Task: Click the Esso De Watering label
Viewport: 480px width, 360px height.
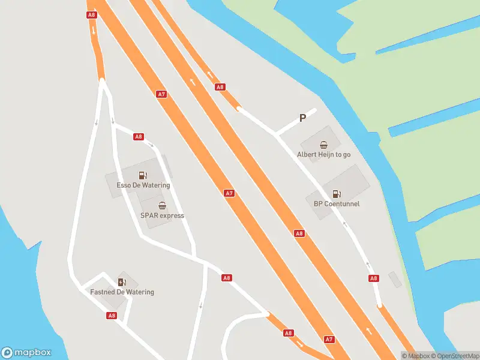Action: pos(143,185)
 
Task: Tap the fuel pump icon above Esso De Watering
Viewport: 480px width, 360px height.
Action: pos(143,175)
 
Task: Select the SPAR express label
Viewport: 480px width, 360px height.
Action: pos(162,215)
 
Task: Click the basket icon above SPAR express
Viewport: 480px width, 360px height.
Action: pos(162,205)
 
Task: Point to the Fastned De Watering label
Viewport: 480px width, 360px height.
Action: pos(122,292)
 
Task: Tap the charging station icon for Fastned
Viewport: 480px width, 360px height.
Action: pos(122,282)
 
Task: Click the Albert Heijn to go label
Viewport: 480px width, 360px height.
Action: pos(323,154)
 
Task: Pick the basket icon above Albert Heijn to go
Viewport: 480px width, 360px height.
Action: pos(323,144)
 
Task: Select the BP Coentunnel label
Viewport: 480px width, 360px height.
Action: pos(337,203)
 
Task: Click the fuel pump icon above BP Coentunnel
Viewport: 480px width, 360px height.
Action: pos(337,193)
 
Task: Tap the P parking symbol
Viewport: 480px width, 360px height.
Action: pos(302,118)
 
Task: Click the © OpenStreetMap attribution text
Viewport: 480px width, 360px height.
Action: pos(455,356)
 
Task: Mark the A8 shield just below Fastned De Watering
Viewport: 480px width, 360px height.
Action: pos(112,315)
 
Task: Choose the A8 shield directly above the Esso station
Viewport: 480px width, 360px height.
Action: pos(139,137)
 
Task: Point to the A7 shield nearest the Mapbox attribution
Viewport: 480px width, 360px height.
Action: pos(329,339)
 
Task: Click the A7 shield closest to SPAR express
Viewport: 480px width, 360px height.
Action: pos(229,193)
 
